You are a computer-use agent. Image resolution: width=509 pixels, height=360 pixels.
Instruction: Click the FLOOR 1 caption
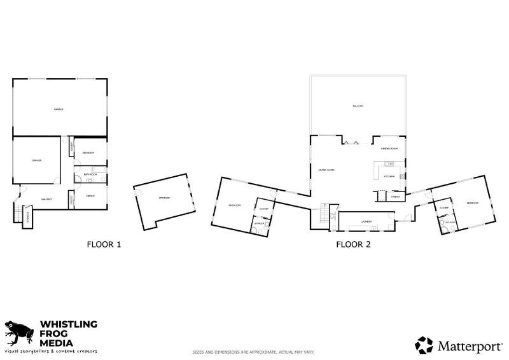click(x=103, y=244)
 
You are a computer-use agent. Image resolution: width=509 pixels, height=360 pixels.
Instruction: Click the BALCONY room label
click(x=357, y=106)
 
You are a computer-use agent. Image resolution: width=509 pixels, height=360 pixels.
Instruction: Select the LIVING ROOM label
click(x=326, y=170)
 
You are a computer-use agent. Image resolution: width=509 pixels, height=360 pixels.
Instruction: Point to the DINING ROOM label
click(x=389, y=149)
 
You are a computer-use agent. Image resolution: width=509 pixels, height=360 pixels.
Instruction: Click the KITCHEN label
click(x=389, y=176)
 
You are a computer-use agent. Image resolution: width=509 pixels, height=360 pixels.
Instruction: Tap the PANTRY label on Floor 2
click(x=395, y=197)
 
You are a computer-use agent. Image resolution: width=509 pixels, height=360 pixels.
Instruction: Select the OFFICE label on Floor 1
click(x=90, y=196)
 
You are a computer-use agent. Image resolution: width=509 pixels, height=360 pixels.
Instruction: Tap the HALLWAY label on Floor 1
click(x=46, y=199)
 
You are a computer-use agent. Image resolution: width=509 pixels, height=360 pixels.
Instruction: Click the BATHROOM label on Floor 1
click(x=90, y=174)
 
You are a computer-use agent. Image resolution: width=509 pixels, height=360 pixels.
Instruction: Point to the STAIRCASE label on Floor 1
click(x=27, y=216)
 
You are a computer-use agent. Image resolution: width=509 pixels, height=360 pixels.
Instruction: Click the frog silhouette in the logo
click(x=18, y=333)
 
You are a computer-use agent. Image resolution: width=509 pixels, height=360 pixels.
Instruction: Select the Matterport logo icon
click(x=424, y=345)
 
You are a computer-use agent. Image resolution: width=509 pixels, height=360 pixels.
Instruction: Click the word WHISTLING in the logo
click(x=68, y=324)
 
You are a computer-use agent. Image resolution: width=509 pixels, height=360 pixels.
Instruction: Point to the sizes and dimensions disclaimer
click(x=253, y=352)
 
